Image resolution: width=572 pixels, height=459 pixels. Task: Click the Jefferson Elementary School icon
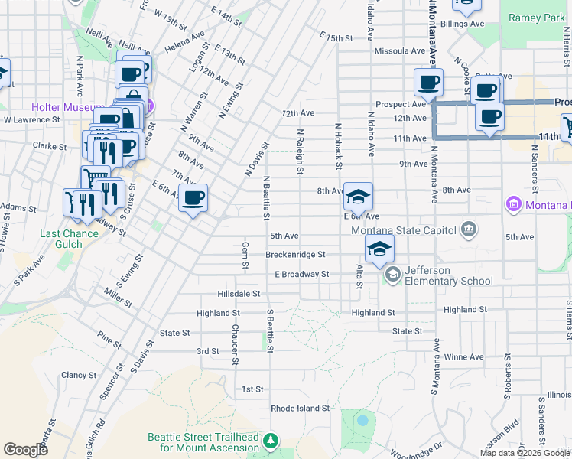click(x=392, y=275)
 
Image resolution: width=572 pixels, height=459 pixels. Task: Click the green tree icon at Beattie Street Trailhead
click(x=270, y=441)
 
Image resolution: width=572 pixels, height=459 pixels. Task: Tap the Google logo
click(x=25, y=450)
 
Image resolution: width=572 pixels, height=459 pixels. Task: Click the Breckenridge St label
click(x=296, y=255)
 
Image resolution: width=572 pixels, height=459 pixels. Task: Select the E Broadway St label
click(x=301, y=274)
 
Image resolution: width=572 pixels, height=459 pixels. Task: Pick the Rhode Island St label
click(x=300, y=409)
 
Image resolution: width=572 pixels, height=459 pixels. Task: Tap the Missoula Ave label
click(x=400, y=51)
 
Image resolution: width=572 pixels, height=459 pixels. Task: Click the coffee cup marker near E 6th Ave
click(x=193, y=199)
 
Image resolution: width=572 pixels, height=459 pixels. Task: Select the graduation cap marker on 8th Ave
click(x=358, y=197)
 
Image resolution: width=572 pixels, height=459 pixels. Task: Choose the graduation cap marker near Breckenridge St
click(x=379, y=249)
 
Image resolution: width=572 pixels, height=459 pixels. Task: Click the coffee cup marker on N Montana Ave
click(x=428, y=82)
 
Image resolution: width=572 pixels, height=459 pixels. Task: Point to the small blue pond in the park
click(x=362, y=420)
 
